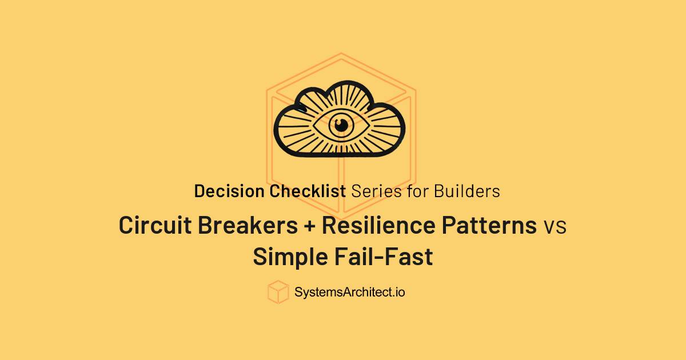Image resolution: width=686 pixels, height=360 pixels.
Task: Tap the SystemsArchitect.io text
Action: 350,293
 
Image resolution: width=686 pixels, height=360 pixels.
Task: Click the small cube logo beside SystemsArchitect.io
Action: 278,292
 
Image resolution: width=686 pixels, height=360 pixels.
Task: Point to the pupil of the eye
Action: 342,125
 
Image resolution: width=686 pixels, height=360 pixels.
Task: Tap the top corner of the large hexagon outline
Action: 341,53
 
